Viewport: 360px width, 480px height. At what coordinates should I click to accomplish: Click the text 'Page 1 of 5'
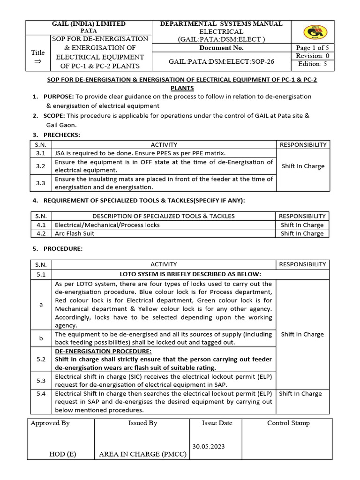click(x=313, y=48)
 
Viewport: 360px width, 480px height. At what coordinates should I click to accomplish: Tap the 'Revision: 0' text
click(x=313, y=56)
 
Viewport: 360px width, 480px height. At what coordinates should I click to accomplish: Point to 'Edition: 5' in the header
click(x=313, y=64)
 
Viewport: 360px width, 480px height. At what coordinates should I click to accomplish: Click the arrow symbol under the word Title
click(x=37, y=61)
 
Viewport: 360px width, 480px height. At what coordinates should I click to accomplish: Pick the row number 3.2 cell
click(x=40, y=166)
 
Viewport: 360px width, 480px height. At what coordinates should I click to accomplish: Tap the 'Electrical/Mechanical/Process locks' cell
click(x=107, y=225)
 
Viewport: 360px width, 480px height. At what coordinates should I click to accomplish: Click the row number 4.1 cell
click(x=40, y=225)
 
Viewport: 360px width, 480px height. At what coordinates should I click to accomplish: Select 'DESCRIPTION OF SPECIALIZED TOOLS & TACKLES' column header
click(x=164, y=216)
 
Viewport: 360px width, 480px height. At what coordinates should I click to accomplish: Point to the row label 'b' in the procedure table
click(x=41, y=338)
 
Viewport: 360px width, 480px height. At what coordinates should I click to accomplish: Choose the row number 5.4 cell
click(x=40, y=394)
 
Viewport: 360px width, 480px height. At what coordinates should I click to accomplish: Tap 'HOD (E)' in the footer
click(x=62, y=454)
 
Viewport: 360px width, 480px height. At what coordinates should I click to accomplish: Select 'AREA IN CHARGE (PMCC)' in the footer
click(x=142, y=454)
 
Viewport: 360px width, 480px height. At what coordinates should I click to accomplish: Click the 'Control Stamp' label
click(x=288, y=423)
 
